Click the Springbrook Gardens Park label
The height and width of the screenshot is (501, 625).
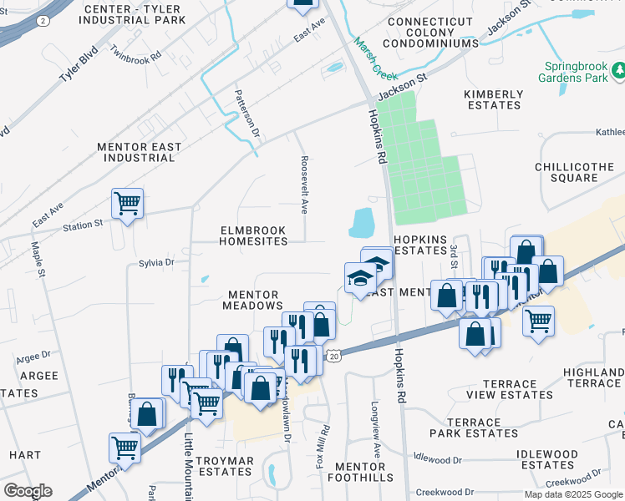pos(577,73)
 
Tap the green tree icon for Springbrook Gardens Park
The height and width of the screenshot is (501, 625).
pos(619,73)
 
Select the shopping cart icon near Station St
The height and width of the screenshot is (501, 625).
pos(127,202)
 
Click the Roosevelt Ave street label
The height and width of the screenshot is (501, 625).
pos(305,185)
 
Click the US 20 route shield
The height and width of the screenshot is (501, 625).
pos(333,357)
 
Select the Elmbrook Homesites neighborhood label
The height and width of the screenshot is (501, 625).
pos(252,235)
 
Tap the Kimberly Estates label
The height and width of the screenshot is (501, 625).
pos(494,99)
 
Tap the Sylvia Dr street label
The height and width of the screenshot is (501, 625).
pos(157,262)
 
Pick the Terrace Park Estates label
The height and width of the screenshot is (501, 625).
pos(474,428)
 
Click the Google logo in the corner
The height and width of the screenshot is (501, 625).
pos(28,490)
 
